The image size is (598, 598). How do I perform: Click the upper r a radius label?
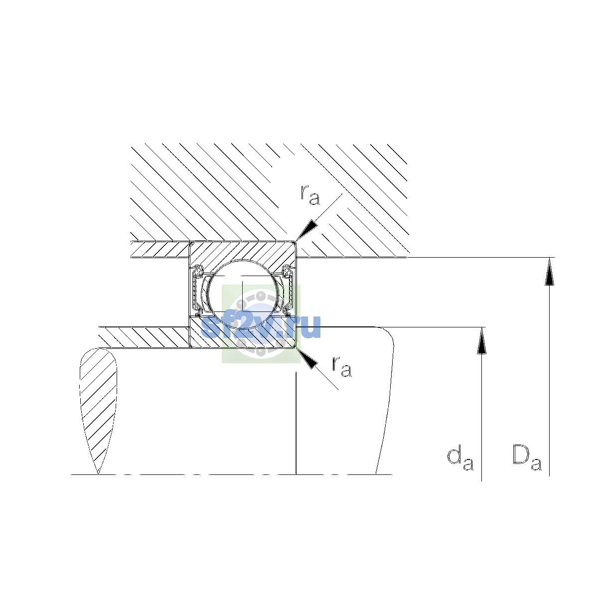click(x=309, y=195)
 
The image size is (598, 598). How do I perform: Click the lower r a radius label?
click(x=342, y=367)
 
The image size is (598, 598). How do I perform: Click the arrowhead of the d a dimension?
click(x=481, y=340)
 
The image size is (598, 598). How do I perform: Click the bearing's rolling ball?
click(x=243, y=294)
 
